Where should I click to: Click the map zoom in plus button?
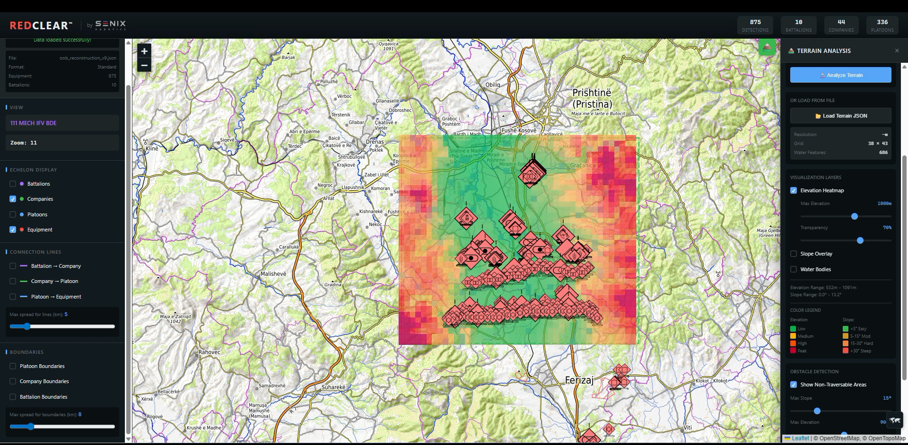(144, 51)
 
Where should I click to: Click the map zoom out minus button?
(144, 65)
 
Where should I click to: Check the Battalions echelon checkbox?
(13, 184)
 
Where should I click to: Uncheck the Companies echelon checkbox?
(13, 199)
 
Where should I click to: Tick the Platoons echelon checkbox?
(13, 214)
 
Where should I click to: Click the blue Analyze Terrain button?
(840, 75)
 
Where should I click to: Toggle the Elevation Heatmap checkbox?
(794, 190)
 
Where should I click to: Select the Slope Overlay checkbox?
(794, 254)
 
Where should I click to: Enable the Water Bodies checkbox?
(794, 269)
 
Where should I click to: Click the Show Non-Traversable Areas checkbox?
(794, 385)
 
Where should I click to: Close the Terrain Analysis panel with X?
(897, 51)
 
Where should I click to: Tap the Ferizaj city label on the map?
(579, 380)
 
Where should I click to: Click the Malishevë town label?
(273, 274)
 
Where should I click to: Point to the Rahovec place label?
(209, 352)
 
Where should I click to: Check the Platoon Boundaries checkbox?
(13, 366)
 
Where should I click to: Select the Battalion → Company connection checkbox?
(13, 266)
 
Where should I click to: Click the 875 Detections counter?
(755, 25)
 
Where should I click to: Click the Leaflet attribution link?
(800, 438)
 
